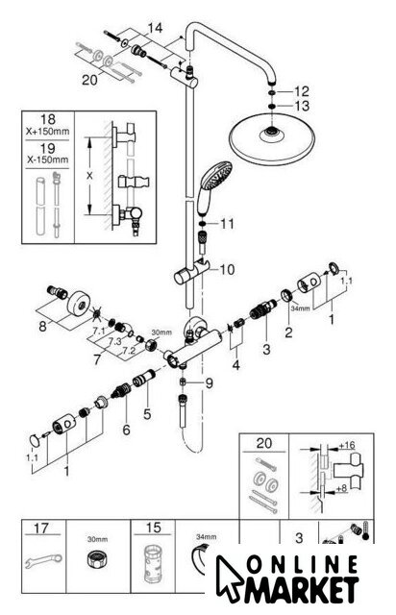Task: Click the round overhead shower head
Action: click(271, 139)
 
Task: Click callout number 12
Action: click(302, 92)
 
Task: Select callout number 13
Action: click(302, 106)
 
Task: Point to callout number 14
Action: click(155, 28)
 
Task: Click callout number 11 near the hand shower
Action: click(227, 224)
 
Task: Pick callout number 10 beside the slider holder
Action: click(227, 269)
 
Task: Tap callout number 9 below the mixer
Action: click(209, 382)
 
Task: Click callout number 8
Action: click(43, 326)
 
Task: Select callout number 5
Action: click(147, 413)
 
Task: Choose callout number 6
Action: click(126, 430)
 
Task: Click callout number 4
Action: click(235, 365)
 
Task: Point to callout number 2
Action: click(288, 332)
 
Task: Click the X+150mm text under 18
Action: click(47, 132)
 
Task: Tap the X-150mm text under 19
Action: click(47, 160)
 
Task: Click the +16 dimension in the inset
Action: click(347, 445)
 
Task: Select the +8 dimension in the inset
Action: click(341, 489)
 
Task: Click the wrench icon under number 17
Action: click(43, 560)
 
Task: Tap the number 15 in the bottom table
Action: click(153, 528)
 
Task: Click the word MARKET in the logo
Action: click(302, 589)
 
